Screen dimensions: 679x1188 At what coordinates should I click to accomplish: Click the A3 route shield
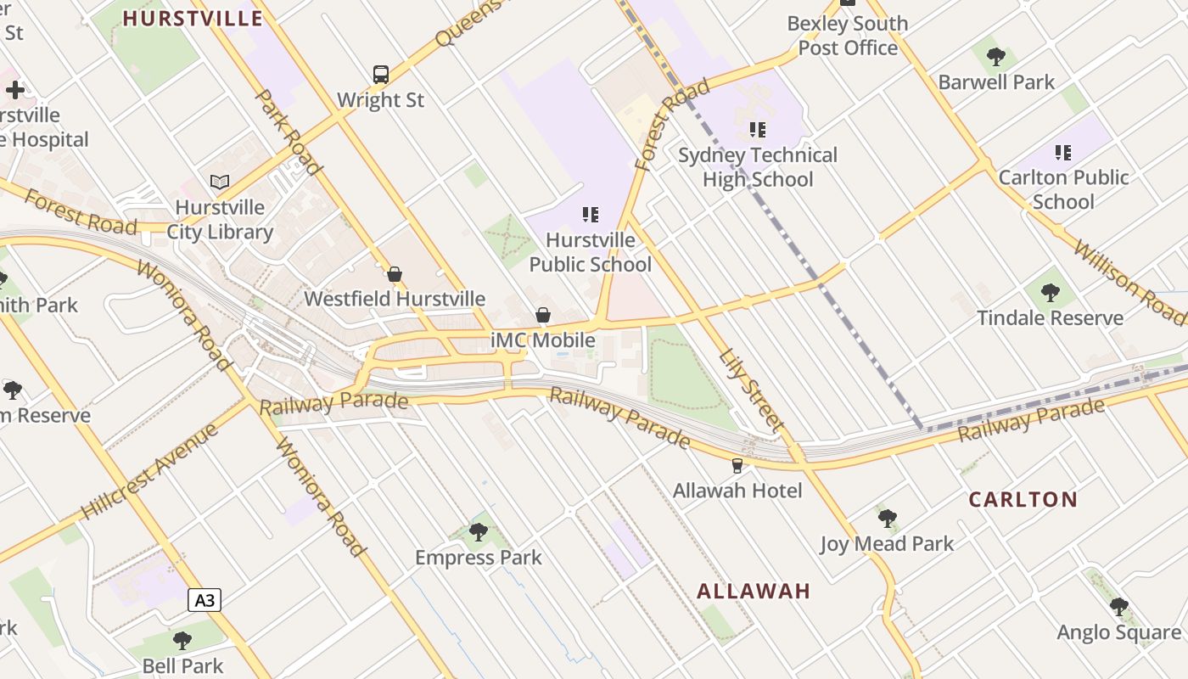point(205,600)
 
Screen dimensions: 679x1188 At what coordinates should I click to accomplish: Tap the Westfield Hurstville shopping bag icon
point(394,274)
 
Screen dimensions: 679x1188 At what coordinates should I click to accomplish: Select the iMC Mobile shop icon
point(543,316)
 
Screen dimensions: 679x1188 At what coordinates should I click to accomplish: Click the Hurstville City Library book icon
point(220,182)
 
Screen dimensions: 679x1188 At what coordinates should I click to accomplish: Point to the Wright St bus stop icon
point(381,75)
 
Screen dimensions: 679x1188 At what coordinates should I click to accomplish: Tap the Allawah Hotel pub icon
point(737,465)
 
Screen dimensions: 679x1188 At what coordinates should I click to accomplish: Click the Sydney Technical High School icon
point(757,130)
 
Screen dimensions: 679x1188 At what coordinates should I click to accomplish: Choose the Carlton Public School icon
point(1062,153)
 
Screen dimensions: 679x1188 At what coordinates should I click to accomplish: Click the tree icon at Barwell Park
point(996,57)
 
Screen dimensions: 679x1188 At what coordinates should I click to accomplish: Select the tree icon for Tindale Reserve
point(1050,293)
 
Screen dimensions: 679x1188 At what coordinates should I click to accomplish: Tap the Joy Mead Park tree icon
point(888,518)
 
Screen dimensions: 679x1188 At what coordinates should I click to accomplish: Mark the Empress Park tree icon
point(478,532)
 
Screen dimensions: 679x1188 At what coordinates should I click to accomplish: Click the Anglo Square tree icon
point(1118,607)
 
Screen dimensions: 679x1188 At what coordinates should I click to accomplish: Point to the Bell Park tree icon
point(182,641)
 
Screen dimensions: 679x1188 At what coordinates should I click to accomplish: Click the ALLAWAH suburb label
point(754,591)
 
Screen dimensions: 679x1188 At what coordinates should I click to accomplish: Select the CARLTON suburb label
point(1023,499)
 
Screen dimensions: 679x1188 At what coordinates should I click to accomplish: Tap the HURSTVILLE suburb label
point(193,18)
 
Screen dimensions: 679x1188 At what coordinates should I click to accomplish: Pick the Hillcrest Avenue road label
point(150,470)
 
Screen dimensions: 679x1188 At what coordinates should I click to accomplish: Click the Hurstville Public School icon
point(591,215)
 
